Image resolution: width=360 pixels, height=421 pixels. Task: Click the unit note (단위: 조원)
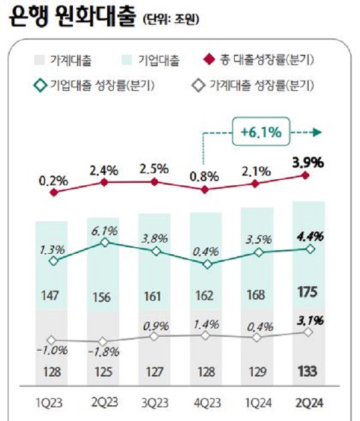[171, 22]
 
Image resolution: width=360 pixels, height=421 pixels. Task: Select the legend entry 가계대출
[66, 60]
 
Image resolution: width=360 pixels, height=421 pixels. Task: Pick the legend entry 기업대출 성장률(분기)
[90, 85]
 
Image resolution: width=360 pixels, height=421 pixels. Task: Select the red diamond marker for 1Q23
[54, 192]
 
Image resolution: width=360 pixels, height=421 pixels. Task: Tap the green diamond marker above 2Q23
[105, 242]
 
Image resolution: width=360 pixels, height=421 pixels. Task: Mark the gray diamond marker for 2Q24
[309, 332]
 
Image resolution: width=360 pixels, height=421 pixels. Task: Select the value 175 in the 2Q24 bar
[309, 293]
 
